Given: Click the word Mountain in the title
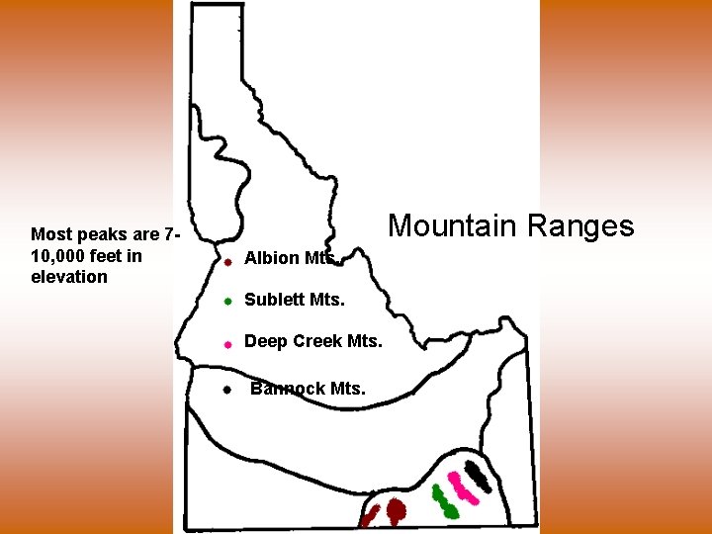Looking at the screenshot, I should click(x=449, y=225).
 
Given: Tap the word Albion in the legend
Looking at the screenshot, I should click(x=272, y=258).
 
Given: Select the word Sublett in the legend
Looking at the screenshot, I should click(x=274, y=300).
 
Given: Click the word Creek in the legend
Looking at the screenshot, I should click(x=316, y=341).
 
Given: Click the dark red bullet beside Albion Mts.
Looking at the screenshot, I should click(x=226, y=262).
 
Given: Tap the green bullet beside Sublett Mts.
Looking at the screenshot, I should click(x=226, y=301).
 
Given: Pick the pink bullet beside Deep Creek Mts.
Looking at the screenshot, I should click(x=226, y=344).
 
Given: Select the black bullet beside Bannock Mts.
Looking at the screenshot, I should click(x=226, y=390).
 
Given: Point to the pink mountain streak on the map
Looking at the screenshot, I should click(x=459, y=487).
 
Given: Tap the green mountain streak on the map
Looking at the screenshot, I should click(x=444, y=502).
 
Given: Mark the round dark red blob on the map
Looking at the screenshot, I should click(x=396, y=510).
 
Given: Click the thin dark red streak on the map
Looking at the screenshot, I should click(x=370, y=515).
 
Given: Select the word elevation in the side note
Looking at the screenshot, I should click(x=69, y=277).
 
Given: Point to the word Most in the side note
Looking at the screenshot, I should click(x=49, y=234).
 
